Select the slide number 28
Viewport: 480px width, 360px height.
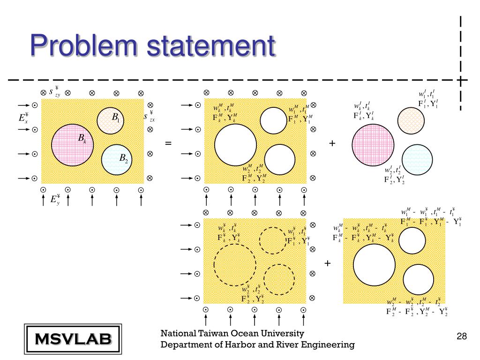click(x=461, y=337)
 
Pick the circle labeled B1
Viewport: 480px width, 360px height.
click(x=110, y=120)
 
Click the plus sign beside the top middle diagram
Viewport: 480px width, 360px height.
click(x=332, y=143)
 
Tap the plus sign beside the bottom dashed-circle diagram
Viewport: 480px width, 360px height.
click(x=327, y=263)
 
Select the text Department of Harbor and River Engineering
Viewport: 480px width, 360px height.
click(x=257, y=345)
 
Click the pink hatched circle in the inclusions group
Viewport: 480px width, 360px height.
click(x=371, y=143)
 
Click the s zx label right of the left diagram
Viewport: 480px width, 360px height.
click(x=150, y=116)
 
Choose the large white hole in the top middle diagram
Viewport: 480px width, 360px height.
click(x=235, y=144)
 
